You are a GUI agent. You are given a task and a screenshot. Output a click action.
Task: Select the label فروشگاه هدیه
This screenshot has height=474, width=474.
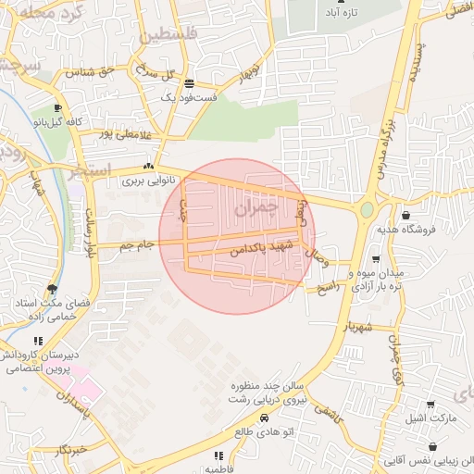coord(402,228)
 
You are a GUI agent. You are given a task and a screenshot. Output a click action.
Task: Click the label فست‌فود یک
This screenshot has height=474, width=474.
coord(189,95)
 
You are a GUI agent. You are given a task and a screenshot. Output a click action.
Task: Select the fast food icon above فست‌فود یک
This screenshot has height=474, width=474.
coord(190,82)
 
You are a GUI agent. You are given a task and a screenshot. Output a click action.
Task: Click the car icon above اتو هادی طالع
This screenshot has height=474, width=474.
coord(265,418)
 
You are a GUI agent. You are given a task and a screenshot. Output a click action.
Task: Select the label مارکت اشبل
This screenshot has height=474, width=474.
coord(430,418)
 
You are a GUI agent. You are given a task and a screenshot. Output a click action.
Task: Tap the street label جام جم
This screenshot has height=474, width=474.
coord(135,244)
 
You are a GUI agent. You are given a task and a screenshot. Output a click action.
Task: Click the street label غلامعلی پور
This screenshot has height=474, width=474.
coord(119,134)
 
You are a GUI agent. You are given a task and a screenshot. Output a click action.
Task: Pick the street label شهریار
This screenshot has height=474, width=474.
coord(356,327)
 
